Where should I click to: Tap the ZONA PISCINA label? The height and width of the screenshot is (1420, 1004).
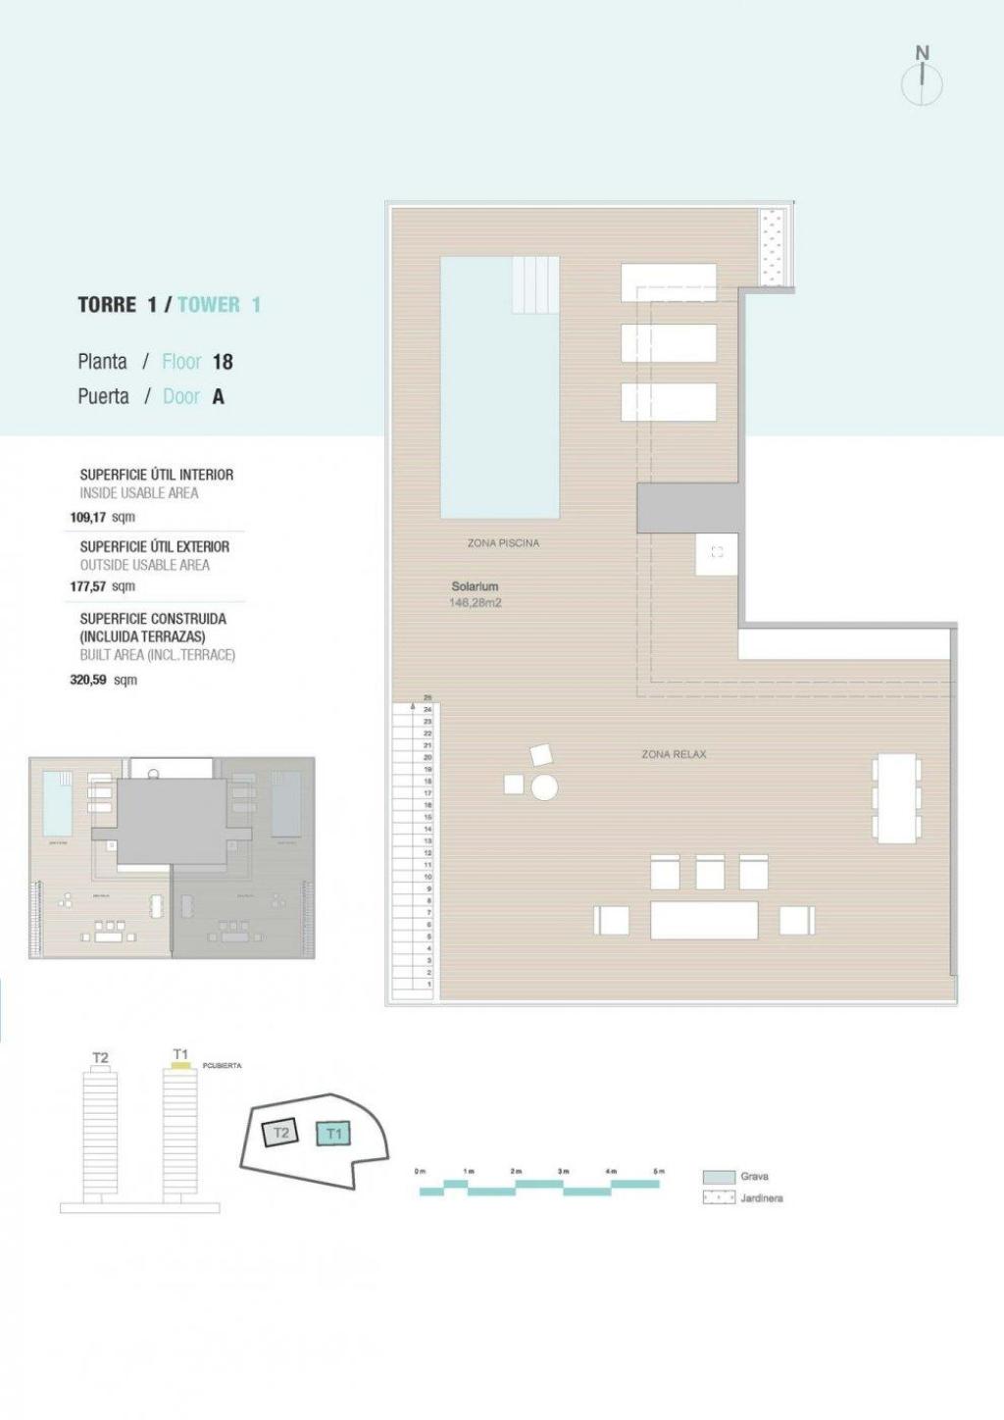pyautogui.click(x=503, y=543)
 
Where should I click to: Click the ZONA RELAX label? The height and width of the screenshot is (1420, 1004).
pyautogui.click(x=674, y=754)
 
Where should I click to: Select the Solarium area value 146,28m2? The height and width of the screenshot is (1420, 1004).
pyautogui.click(x=476, y=603)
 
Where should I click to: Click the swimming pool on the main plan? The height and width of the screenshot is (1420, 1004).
pyautogui.click(x=499, y=412)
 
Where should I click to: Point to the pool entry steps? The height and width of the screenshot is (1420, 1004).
pyautogui.click(x=534, y=284)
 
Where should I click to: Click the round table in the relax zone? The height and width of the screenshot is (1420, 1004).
pyautogui.click(x=544, y=786)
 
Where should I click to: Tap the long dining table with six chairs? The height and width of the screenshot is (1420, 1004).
pyautogui.click(x=896, y=798)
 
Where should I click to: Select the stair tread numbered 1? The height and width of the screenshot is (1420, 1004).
pyautogui.click(x=428, y=984)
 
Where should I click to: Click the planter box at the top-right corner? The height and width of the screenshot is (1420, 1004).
pyautogui.click(x=776, y=247)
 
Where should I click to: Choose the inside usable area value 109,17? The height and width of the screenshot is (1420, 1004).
pyautogui.click(x=86, y=517)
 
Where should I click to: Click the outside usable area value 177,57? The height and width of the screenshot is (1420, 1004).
pyautogui.click(x=87, y=586)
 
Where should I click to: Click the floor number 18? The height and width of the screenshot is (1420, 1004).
pyautogui.click(x=223, y=362)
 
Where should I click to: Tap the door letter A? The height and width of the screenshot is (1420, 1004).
pyautogui.click(x=218, y=397)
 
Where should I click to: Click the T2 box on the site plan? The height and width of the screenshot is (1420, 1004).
pyautogui.click(x=281, y=1133)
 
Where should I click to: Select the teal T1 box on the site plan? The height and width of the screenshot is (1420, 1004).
pyautogui.click(x=334, y=1134)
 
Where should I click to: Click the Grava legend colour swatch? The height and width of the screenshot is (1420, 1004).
pyautogui.click(x=719, y=1177)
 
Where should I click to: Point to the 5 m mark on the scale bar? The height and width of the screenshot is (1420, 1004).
pyautogui.click(x=659, y=1171)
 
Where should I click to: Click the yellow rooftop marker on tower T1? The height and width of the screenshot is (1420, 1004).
pyautogui.click(x=180, y=1065)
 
